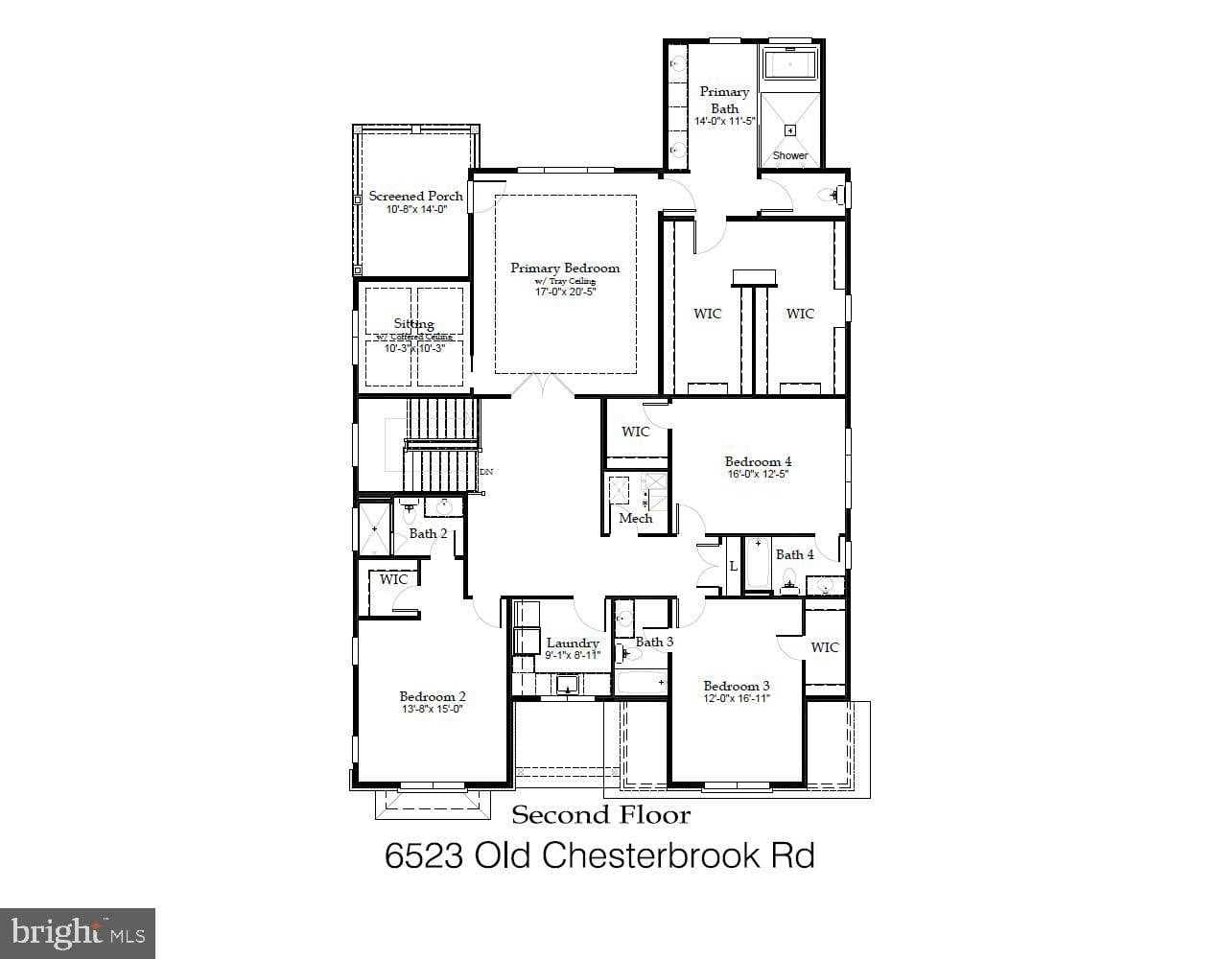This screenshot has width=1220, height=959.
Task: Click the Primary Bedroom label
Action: [x=565, y=269]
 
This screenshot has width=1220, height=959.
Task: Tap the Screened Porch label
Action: [x=415, y=196]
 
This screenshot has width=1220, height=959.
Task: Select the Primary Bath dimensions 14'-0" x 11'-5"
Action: [x=725, y=122]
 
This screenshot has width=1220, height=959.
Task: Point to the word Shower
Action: [x=790, y=155]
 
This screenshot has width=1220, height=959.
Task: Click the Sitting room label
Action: [x=413, y=324]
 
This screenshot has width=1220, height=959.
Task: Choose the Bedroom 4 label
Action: [x=758, y=461]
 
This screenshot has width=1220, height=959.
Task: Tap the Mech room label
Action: [x=635, y=518]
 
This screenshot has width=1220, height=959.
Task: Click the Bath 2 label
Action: [x=428, y=533]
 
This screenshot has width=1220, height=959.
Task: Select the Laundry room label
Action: [x=573, y=643]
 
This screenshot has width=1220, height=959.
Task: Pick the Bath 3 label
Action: [x=654, y=642]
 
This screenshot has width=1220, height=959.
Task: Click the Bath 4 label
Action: [x=794, y=554]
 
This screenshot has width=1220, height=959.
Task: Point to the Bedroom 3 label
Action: [x=736, y=686]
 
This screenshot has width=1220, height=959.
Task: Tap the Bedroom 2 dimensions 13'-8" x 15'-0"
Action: [x=432, y=710]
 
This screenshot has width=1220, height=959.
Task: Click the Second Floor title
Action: [x=600, y=815]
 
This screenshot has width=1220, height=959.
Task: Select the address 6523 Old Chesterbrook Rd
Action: [x=599, y=854]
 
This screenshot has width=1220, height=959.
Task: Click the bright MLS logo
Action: [x=77, y=932]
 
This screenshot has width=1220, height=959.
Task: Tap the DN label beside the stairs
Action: [x=486, y=472]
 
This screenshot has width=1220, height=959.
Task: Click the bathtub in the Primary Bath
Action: [x=790, y=64]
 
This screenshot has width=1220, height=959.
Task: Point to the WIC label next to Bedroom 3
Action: [x=824, y=647]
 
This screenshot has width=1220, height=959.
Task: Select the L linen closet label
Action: [x=733, y=567]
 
